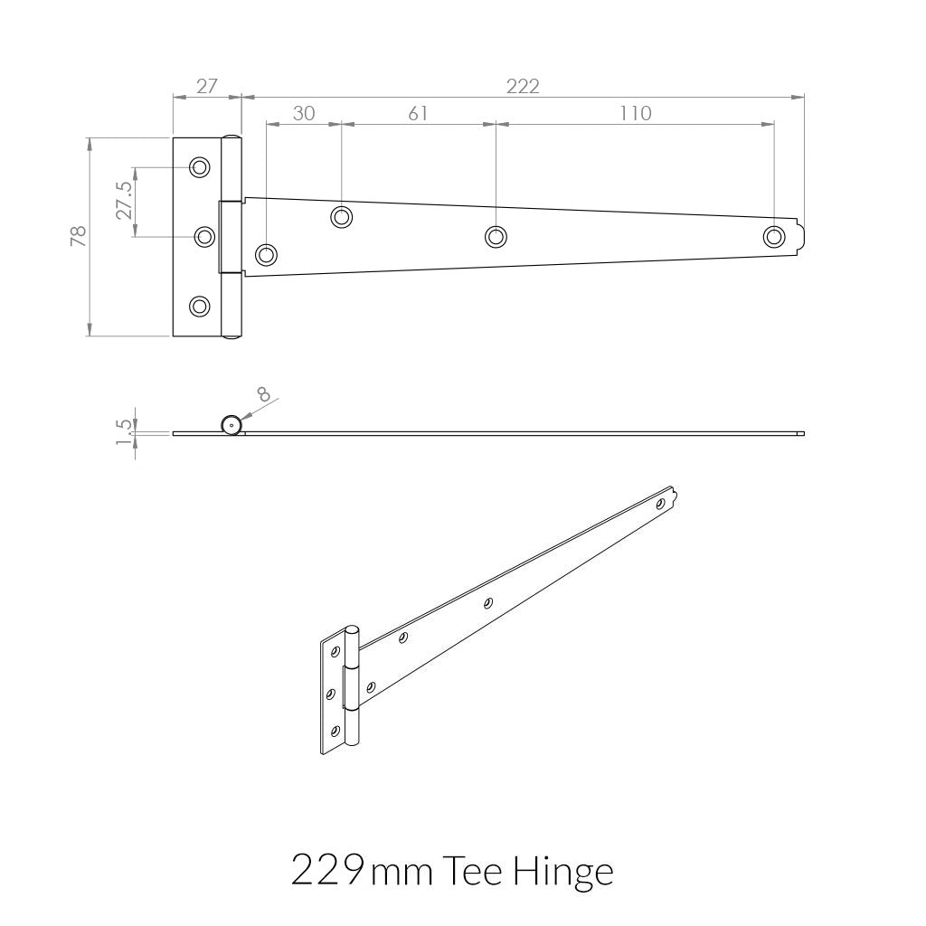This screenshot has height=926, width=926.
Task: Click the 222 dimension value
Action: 523,86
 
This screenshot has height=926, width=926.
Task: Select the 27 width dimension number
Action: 207,86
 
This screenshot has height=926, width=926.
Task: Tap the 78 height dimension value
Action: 79,236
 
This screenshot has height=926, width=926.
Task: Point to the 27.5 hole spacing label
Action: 124,201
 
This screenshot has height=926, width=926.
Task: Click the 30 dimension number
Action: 304,113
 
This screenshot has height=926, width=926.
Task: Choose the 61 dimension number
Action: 418,113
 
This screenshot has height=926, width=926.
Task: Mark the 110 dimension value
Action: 635,113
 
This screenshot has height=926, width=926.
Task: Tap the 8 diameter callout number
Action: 264,394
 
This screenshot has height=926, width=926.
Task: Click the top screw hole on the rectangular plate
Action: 199,167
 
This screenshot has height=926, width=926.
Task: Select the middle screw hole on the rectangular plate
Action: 205,237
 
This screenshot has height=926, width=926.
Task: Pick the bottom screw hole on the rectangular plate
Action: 199,307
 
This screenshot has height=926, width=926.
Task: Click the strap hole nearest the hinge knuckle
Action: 266,254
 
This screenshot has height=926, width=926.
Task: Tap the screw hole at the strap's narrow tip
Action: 773,236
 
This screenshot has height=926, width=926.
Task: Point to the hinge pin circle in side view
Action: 231,425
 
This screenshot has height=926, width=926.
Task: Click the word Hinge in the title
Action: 562,872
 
